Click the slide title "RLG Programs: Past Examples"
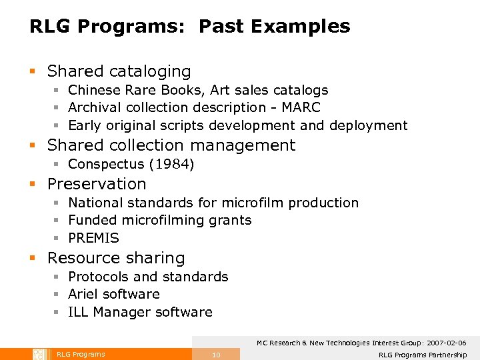point(189,27)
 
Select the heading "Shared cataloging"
point(119,71)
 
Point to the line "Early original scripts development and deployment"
point(237,125)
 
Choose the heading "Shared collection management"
point(171,145)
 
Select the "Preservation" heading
point(97,184)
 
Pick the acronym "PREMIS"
point(93,238)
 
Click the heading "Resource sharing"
point(116,258)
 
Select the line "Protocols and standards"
point(148,277)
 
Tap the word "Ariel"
point(84,294)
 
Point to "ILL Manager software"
point(140,312)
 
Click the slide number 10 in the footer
point(216,355)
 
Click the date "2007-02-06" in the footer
point(443,343)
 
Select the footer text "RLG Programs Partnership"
point(423,355)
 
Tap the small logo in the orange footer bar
point(38,354)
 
